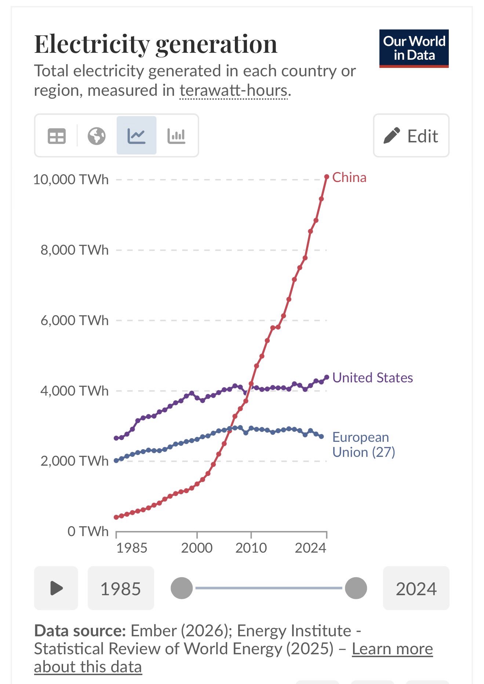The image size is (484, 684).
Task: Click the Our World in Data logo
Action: pos(414,48)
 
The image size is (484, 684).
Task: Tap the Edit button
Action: pos(411,136)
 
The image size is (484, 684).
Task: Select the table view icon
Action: pos(57,136)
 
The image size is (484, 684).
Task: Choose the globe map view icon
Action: pos(97,136)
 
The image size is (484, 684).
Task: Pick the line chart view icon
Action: pos(137,136)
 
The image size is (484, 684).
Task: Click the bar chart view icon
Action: pos(176,136)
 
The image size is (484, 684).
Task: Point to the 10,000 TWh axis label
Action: pos(71,180)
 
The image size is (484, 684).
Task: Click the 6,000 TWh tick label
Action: pos(74,321)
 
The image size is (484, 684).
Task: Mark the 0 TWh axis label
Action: pos(88,531)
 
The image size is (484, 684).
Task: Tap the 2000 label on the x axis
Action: pos(197,548)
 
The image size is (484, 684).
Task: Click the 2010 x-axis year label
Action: pos(251,548)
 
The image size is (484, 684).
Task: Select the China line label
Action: pos(349,178)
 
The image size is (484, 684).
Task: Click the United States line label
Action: pos(372,378)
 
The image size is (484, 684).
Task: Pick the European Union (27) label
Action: pos(363,445)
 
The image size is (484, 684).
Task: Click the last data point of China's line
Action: pos(327,177)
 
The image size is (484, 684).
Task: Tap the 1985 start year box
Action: pos(121,588)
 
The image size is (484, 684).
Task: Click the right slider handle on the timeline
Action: pos(356,588)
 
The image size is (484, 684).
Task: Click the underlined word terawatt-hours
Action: pos(233,91)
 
